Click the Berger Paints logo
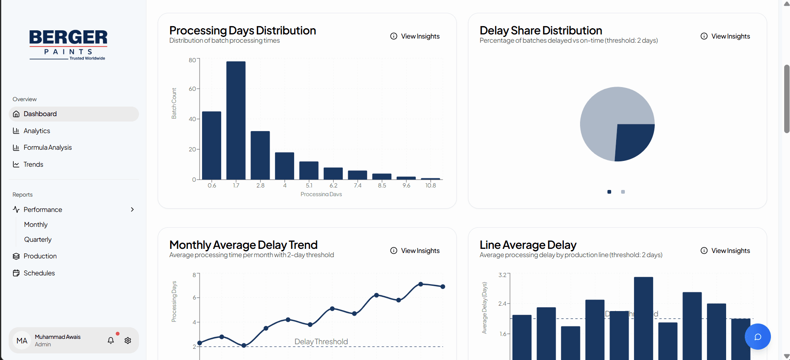tap(68, 44)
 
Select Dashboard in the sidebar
tap(40, 114)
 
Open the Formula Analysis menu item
tap(47, 148)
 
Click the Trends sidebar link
tap(33, 165)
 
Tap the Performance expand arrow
tap(132, 209)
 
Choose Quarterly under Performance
tap(38, 240)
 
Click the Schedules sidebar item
tap(39, 273)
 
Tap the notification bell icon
tap(111, 341)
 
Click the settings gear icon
tap(128, 341)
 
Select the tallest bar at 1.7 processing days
tap(236, 120)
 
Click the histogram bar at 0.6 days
tap(212, 145)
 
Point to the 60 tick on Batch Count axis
tap(192, 89)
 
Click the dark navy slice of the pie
tap(633, 141)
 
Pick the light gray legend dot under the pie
tap(623, 192)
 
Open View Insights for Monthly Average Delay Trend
tap(415, 251)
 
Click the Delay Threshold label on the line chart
tap(321, 342)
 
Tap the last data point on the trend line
tap(443, 287)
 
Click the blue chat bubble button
tap(757, 336)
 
